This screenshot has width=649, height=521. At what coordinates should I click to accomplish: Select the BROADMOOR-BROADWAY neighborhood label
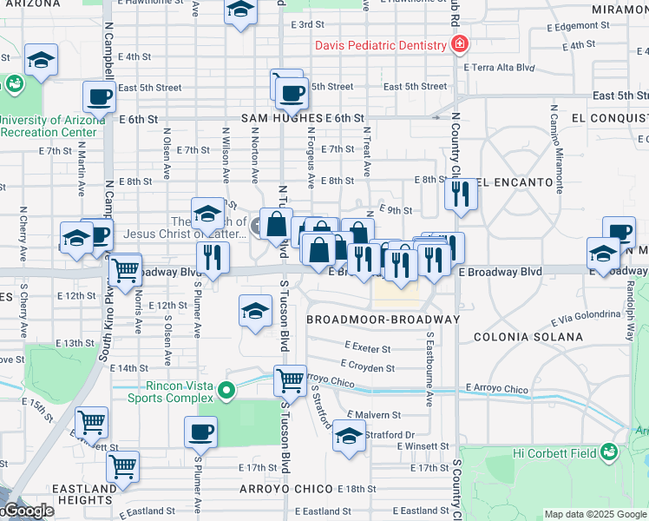coord(382,320)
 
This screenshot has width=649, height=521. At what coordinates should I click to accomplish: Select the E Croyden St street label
coord(368,367)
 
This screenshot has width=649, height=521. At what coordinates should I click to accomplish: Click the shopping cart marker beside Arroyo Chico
coord(290,379)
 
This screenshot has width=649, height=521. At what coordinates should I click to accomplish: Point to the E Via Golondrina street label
coord(569,317)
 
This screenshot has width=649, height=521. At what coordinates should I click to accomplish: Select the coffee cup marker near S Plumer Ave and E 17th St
coord(200,431)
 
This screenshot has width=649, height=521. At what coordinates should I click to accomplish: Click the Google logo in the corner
coord(28,511)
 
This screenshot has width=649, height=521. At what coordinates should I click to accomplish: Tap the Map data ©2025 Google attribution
coord(595,514)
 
